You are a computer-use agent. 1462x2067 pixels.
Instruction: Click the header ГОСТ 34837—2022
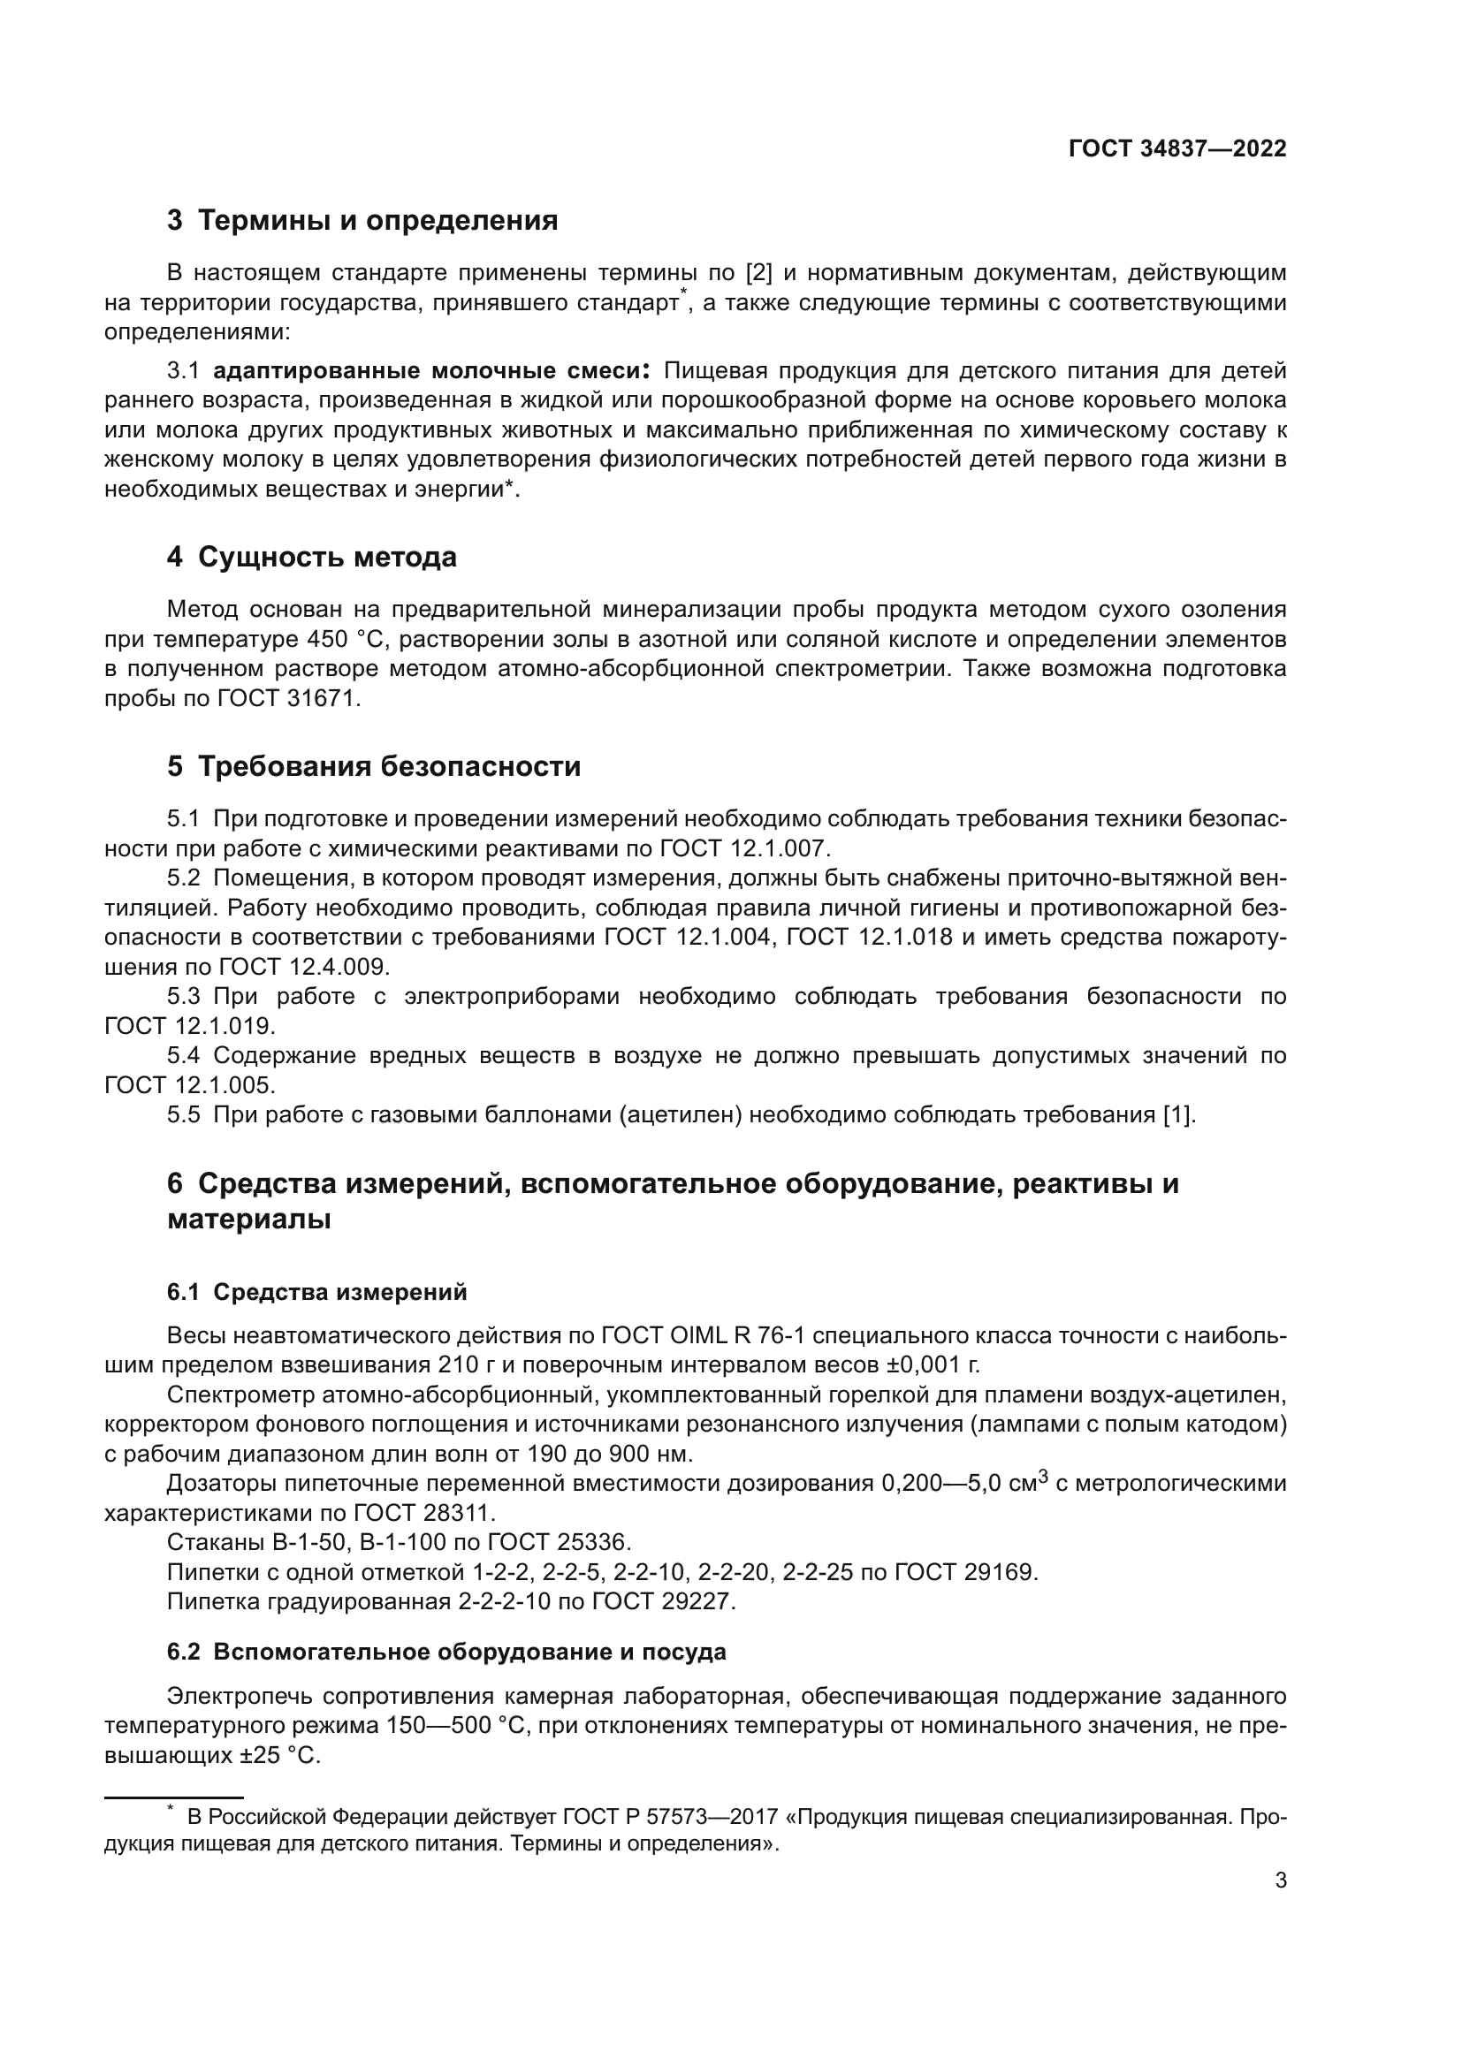[x=1176, y=148]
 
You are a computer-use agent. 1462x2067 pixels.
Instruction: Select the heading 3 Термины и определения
[x=362, y=221]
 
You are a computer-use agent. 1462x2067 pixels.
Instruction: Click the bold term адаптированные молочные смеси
[x=431, y=371]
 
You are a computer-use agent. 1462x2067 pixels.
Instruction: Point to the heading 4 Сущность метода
[x=311, y=558]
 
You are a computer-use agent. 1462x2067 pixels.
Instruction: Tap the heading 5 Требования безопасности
[x=374, y=767]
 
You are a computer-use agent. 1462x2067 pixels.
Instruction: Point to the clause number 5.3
[x=183, y=997]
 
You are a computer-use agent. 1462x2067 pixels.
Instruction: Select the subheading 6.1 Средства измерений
[x=317, y=1293]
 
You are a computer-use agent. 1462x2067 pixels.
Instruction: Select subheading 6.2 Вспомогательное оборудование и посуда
[x=446, y=1653]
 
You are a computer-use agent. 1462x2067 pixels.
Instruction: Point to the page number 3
[x=1280, y=1881]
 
